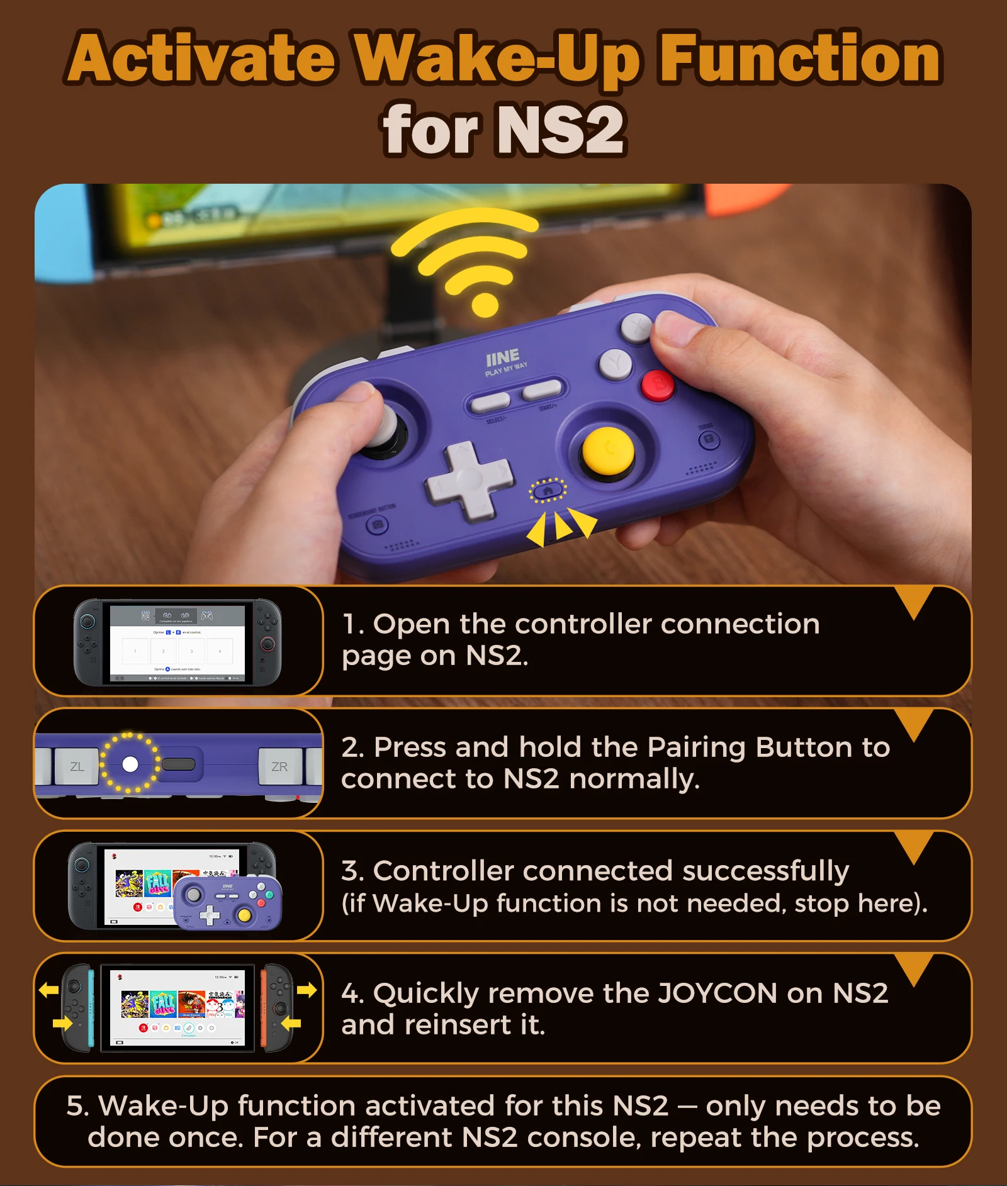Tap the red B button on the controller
[657, 384]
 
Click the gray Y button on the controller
[615, 364]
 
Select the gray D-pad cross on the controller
[468, 479]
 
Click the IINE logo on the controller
[502, 358]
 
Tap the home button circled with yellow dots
[548, 490]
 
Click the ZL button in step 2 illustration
[77, 766]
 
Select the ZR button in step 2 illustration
[279, 766]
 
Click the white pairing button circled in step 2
[130, 764]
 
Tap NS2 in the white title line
[560, 130]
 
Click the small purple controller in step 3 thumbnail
[228, 903]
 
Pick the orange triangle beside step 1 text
[916, 601]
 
